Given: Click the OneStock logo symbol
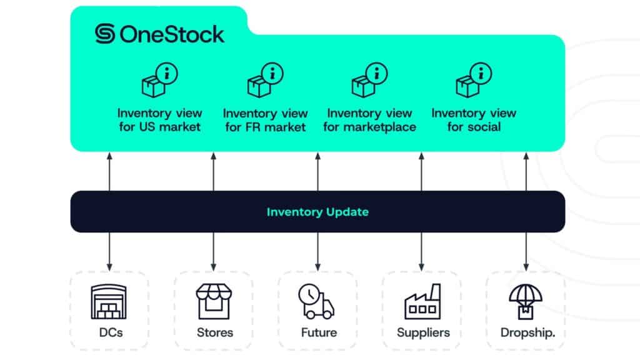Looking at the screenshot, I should tap(105, 33).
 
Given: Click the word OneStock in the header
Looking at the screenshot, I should tap(171, 34).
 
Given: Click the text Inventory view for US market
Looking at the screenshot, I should tap(160, 120).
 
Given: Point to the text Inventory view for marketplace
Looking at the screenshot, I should tap(369, 120).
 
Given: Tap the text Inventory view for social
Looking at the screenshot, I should tap(474, 120).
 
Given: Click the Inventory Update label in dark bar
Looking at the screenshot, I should tap(317, 212).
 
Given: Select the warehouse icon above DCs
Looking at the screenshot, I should tap(109, 302).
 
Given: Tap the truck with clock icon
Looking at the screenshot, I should tap(316, 302).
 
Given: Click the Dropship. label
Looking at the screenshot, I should tap(527, 332).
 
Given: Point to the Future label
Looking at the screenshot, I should tap(319, 332).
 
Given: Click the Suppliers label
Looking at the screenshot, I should tap(423, 332).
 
